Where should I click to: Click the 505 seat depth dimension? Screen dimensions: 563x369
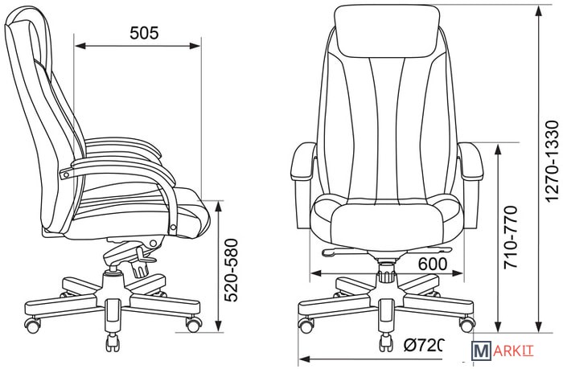click(x=144, y=33)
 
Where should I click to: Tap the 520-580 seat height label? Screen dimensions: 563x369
click(x=232, y=270)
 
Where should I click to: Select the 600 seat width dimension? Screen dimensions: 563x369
click(x=433, y=264)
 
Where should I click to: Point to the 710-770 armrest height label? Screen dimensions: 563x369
click(x=511, y=237)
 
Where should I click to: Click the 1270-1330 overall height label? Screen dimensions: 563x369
click(x=552, y=162)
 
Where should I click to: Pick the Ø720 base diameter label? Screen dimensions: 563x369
click(x=424, y=346)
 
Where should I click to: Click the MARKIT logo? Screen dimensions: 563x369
click(x=503, y=351)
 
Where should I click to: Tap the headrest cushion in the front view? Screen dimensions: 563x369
click(x=387, y=31)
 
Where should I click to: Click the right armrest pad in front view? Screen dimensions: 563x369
click(x=471, y=161)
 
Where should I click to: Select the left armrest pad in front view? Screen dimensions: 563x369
click(x=303, y=161)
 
